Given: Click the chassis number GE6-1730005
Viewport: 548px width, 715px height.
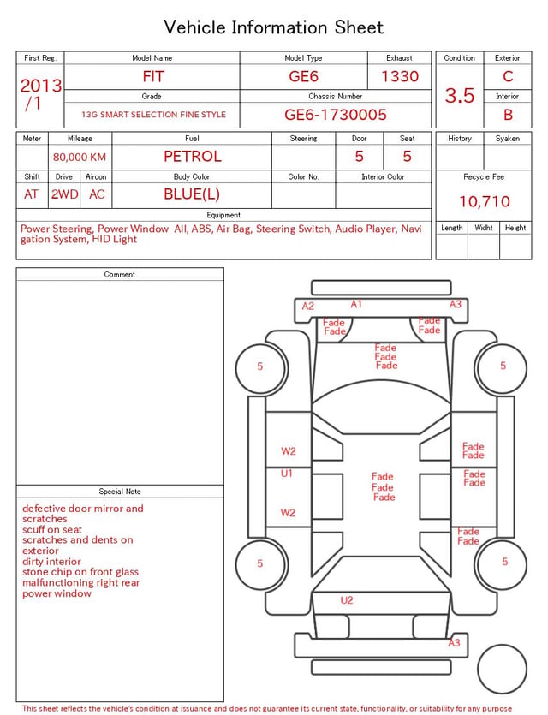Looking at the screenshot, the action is [336, 115].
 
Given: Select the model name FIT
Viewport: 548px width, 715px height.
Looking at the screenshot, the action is [153, 76].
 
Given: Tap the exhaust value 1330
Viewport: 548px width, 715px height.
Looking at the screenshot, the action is [400, 76].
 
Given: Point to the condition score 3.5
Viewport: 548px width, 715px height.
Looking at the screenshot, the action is [460, 95].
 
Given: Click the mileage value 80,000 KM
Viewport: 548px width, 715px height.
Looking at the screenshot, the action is [80, 158].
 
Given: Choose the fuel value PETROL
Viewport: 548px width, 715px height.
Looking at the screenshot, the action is [193, 157].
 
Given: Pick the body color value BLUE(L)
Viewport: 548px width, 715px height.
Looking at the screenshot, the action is [192, 194].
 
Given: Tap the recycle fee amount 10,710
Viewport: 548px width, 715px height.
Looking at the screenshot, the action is [485, 201].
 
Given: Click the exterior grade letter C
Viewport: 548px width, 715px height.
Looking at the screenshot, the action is [508, 76].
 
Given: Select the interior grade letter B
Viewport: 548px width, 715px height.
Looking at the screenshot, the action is [508, 115].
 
